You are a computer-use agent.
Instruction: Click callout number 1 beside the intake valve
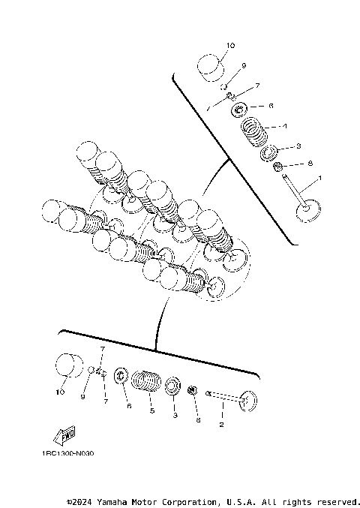coord(320,178)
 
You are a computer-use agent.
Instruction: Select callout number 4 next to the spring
coord(284,125)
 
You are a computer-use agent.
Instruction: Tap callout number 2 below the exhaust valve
coord(221,425)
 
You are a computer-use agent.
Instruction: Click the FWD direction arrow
coord(65,436)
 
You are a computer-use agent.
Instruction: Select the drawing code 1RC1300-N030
coord(68,453)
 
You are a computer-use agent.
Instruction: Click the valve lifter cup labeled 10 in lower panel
coord(70,368)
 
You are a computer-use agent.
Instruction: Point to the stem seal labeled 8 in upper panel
coord(277,166)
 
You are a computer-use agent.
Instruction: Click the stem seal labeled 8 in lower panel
coord(192,390)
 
